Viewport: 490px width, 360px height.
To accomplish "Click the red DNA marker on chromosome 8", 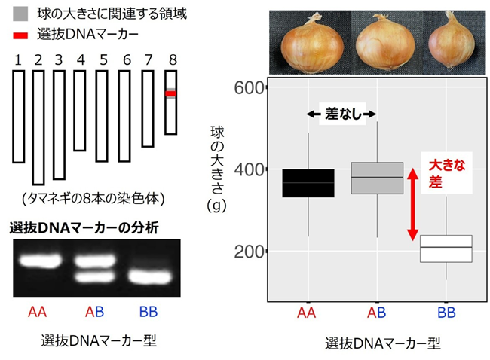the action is (x=170, y=93).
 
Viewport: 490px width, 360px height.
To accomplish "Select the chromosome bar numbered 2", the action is (x=38, y=128).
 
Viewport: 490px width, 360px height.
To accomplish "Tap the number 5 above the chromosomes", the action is (x=104, y=59).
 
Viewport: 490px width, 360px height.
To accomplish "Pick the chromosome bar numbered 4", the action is (x=80, y=111).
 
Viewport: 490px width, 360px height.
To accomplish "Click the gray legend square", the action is (x=20, y=14).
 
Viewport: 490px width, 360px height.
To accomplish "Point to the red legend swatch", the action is (x=20, y=35).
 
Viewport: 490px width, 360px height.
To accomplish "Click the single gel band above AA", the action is (x=41, y=261).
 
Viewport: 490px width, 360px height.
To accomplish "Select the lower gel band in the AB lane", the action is (x=95, y=276).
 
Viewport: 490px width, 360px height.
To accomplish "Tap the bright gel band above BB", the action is (x=150, y=277).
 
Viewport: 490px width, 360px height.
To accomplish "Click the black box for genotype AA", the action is (x=308, y=183).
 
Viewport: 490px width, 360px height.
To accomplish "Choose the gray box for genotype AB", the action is (x=377, y=178).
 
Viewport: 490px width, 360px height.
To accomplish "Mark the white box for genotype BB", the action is (x=446, y=249).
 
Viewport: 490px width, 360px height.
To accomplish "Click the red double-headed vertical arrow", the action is (x=412, y=205).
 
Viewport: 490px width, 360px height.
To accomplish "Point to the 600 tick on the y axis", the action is (x=250, y=88).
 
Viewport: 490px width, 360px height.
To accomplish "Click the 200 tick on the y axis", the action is (x=250, y=251).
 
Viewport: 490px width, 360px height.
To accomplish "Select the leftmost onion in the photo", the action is (x=311, y=44).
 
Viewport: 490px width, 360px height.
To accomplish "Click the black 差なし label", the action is (x=343, y=114).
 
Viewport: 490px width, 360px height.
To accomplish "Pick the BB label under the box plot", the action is (x=446, y=313).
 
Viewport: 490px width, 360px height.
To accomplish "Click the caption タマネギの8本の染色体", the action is (x=93, y=199).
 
